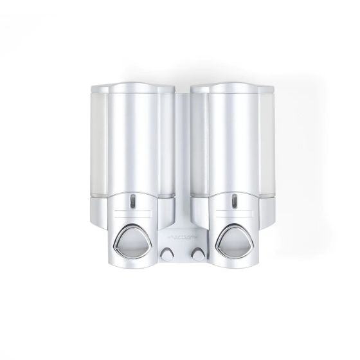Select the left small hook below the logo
click(168, 253)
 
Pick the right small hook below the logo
click(191, 253)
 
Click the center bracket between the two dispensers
click(180, 148)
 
